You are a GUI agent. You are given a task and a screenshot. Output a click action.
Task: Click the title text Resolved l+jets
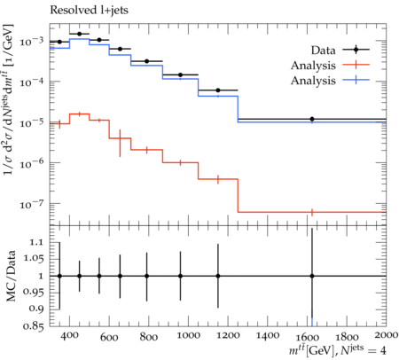(89, 11)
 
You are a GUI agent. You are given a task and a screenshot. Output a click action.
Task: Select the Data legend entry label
(323, 51)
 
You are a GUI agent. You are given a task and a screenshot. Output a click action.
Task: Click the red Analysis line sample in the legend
(356, 65)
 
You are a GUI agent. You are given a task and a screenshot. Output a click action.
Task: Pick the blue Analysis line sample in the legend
(356, 80)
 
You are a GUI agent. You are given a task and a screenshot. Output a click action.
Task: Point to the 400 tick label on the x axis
(70, 335)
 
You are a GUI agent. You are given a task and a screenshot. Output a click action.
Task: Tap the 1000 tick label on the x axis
(188, 335)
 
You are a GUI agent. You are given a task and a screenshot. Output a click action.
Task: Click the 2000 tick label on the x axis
(386, 335)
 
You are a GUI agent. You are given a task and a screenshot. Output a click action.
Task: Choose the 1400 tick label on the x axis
(267, 335)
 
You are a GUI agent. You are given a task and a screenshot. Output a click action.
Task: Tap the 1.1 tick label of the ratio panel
(36, 243)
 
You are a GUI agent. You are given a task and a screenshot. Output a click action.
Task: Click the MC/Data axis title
(11, 276)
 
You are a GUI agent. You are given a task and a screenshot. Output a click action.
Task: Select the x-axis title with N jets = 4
(338, 350)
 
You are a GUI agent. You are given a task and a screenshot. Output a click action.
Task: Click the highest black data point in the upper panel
(79, 34)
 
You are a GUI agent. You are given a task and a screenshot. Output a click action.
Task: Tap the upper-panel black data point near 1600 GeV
(312, 119)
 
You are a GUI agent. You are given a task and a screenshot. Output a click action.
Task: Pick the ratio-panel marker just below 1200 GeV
(218, 276)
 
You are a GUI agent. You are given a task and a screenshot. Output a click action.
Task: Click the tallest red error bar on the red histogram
(120, 143)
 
